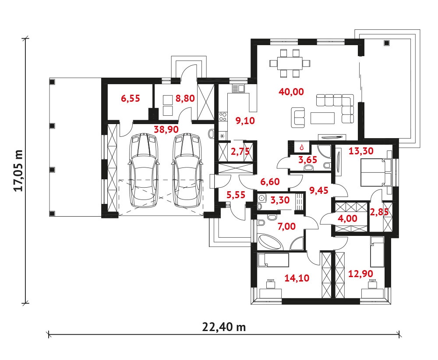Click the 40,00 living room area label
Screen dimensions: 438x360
pyautogui.click(x=291, y=92)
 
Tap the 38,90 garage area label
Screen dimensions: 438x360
pyautogui.click(x=167, y=129)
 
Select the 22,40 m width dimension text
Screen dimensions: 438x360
pyautogui.click(x=224, y=327)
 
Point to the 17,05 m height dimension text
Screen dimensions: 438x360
pyautogui.click(x=19, y=171)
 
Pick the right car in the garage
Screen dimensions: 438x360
pyautogui.click(x=187, y=171)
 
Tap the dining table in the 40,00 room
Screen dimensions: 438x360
pyautogui.click(x=290, y=63)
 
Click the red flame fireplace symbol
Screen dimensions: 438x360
pyautogui.click(x=301, y=147)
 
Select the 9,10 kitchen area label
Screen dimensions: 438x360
pyautogui.click(x=245, y=121)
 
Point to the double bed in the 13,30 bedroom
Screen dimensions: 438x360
pyautogui.click(x=376, y=172)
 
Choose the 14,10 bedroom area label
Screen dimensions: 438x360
pyautogui.click(x=297, y=278)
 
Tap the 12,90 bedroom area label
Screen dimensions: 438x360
pyautogui.click(x=360, y=273)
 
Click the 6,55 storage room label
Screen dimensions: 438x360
pyautogui.click(x=131, y=99)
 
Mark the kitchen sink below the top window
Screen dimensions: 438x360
pyautogui.click(x=238, y=89)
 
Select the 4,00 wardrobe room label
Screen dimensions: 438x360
pyautogui.click(x=347, y=218)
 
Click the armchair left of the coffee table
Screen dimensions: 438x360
pyautogui.click(x=298, y=117)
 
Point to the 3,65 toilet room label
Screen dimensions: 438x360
pyautogui.click(x=307, y=160)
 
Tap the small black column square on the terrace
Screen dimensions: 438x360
pyautogui.click(x=387, y=43)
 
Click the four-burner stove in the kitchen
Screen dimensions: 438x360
pyautogui.click(x=223, y=117)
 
